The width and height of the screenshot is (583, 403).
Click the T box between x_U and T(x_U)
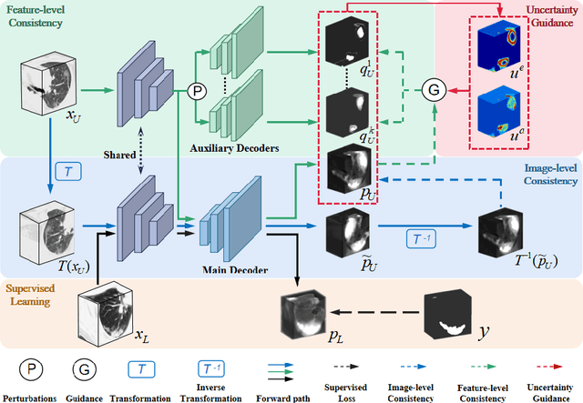pyautogui.click(x=68, y=170)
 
